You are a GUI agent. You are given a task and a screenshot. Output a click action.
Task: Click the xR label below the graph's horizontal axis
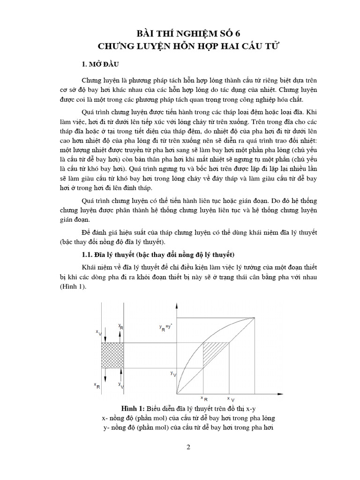(x=204, y=397)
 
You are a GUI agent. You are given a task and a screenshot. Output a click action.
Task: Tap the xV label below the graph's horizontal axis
(x=231, y=397)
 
